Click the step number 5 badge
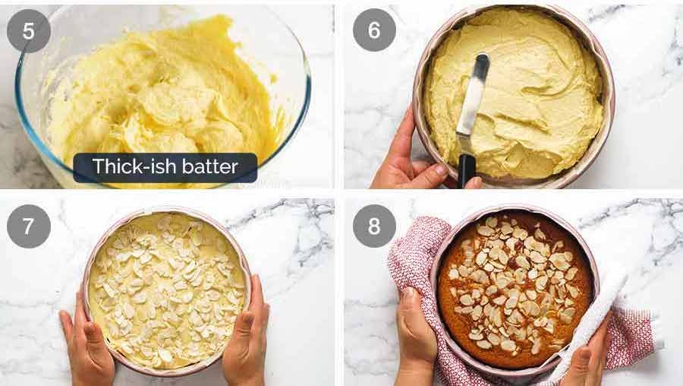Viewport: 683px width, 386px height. tap(29, 30)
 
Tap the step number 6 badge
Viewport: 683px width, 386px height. tap(374, 30)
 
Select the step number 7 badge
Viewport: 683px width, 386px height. tap(29, 226)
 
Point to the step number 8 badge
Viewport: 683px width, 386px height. tap(374, 226)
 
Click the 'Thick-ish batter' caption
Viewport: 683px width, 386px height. tap(165, 167)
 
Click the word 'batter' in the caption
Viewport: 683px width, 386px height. tap(210, 167)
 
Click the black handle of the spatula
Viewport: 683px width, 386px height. tap(467, 169)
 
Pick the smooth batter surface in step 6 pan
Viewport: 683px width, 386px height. tap(531, 84)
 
